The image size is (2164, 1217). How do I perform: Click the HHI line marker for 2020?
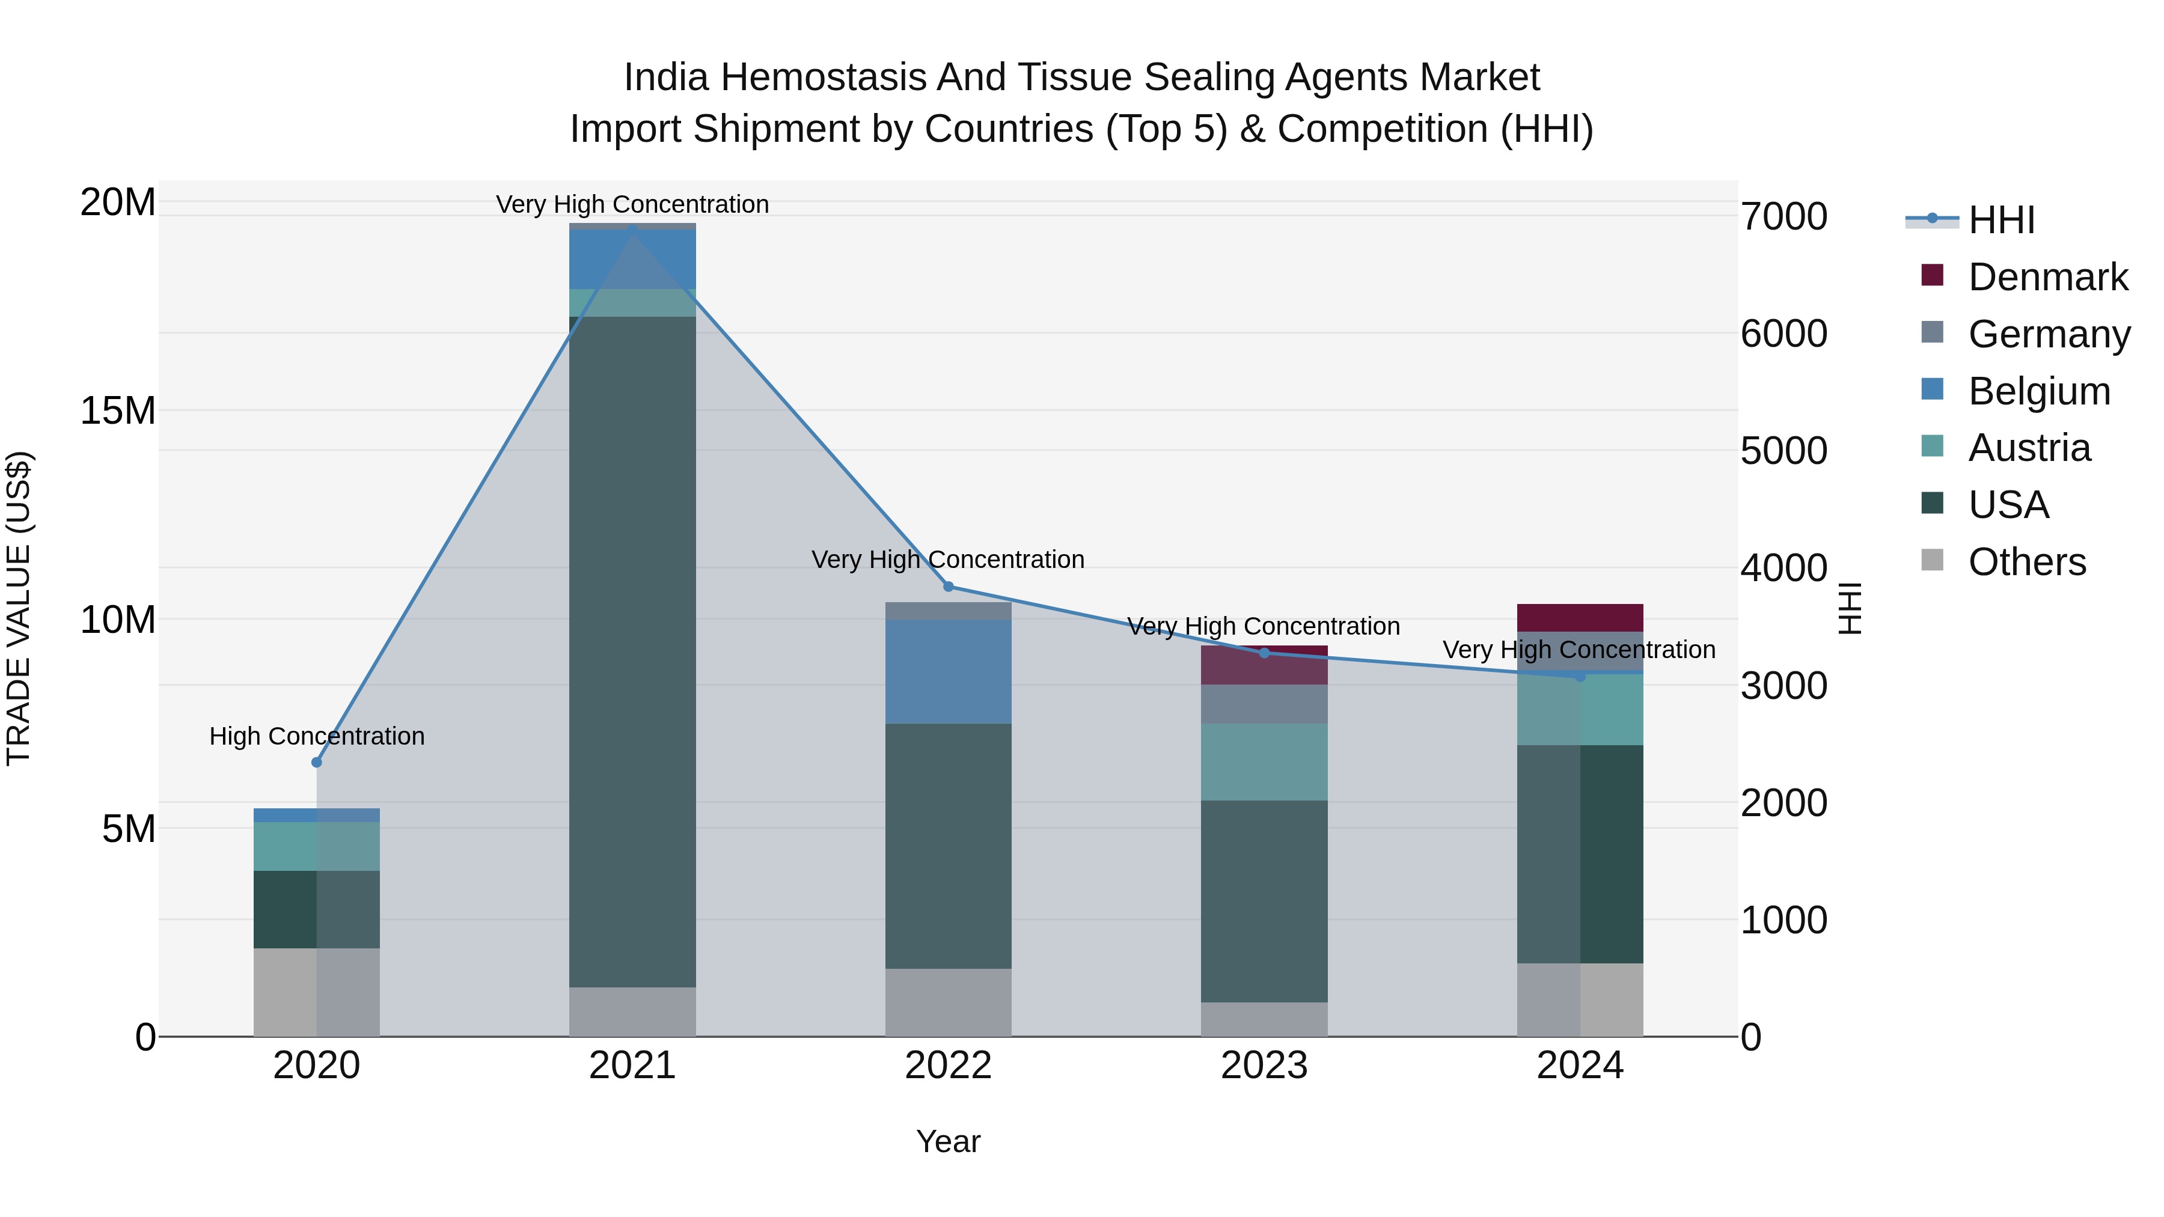pyautogui.click(x=317, y=762)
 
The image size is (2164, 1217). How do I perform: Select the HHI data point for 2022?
pyautogui.click(x=949, y=586)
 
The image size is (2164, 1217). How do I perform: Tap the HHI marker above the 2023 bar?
pyautogui.click(x=1264, y=653)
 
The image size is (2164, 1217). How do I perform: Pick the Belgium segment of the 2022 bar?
pyautogui.click(x=949, y=672)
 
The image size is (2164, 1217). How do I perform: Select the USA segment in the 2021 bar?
pyautogui.click(x=632, y=651)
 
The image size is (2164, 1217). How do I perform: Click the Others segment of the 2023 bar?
pyautogui.click(x=1264, y=1019)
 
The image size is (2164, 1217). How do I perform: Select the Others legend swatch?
pyautogui.click(x=1932, y=560)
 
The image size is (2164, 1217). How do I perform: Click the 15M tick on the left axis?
pyautogui.click(x=118, y=410)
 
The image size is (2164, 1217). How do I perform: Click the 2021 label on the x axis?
pyautogui.click(x=632, y=1065)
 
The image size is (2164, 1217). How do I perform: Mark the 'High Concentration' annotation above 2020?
pyautogui.click(x=317, y=736)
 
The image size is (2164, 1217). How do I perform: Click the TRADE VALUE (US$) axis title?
pyautogui.click(x=19, y=608)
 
